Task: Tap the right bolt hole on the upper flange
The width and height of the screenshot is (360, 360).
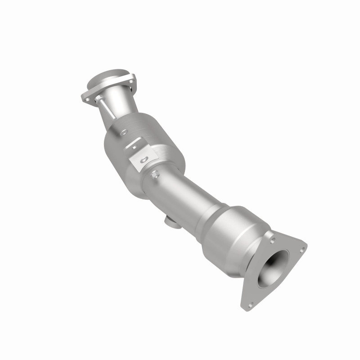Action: coord(131,83)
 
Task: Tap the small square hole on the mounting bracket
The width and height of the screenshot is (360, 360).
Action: coord(134,145)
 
